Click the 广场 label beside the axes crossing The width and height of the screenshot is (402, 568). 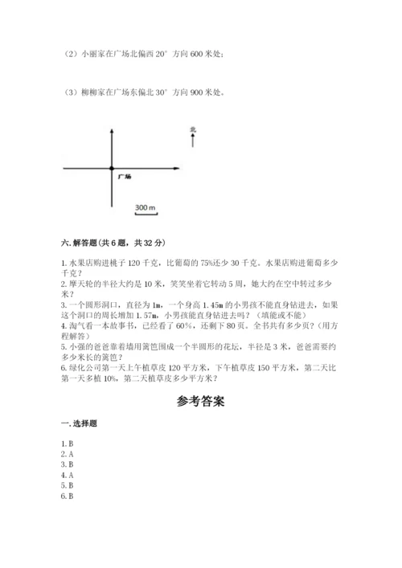pyautogui.click(x=124, y=174)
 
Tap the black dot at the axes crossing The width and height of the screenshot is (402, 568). pyautogui.click(x=111, y=167)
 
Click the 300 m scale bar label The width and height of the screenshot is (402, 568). pyautogui.click(x=146, y=208)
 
